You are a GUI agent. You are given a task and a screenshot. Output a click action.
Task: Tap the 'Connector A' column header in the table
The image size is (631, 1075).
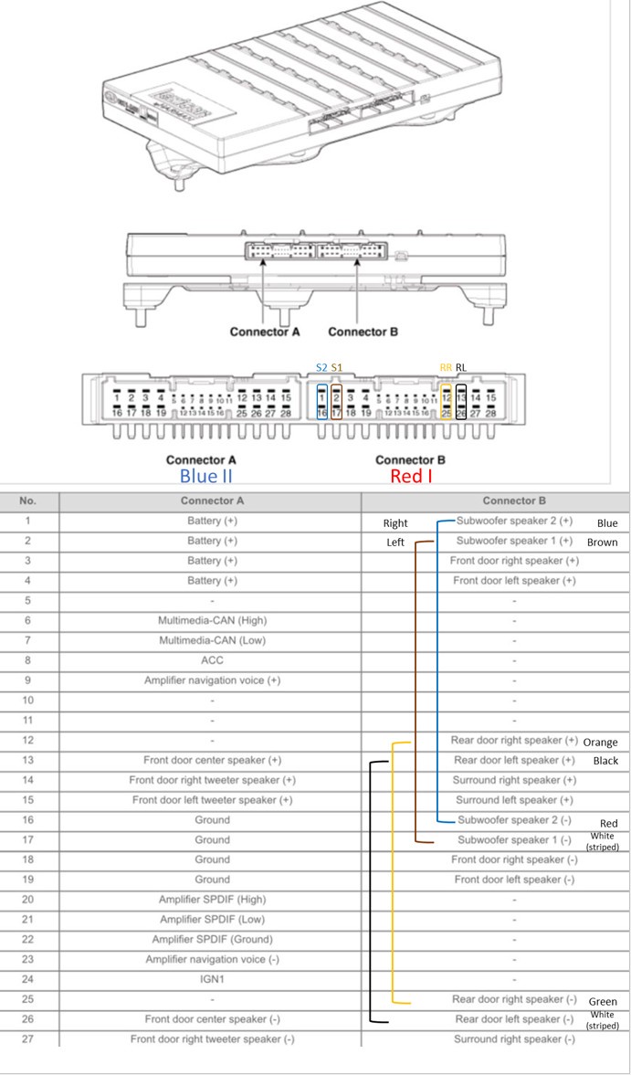pyautogui.click(x=211, y=501)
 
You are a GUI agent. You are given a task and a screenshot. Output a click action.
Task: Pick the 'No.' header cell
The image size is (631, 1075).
pyautogui.click(x=28, y=501)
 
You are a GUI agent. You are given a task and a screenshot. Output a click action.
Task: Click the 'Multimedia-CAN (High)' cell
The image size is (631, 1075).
pyautogui.click(x=211, y=620)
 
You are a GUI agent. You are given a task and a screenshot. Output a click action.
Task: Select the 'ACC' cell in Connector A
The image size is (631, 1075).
pyautogui.click(x=211, y=660)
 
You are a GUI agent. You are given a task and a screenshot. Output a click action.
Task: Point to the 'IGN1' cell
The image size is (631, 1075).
pyautogui.click(x=211, y=979)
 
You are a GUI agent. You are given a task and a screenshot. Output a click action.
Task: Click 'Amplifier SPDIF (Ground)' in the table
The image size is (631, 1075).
pyautogui.click(x=211, y=939)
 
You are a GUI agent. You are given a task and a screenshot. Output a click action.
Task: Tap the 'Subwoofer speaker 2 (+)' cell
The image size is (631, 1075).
pyautogui.click(x=514, y=522)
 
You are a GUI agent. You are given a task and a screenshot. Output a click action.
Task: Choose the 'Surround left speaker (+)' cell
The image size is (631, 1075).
pyautogui.click(x=514, y=800)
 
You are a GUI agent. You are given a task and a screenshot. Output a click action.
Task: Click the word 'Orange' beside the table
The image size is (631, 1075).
pyautogui.click(x=600, y=742)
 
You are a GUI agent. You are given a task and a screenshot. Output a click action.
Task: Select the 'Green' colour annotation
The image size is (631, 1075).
pyautogui.click(x=603, y=1001)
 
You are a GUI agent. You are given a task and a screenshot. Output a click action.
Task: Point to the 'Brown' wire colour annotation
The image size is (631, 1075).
pyautogui.click(x=602, y=543)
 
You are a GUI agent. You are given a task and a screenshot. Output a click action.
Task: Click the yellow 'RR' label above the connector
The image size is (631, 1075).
pyautogui.click(x=446, y=367)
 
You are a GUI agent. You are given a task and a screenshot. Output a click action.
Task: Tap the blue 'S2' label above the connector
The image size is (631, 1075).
pyautogui.click(x=321, y=367)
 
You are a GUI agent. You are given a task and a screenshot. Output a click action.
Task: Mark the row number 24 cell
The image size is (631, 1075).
pyautogui.click(x=28, y=979)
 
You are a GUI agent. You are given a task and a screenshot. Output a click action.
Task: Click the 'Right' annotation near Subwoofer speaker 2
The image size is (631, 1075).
pyautogui.click(x=395, y=523)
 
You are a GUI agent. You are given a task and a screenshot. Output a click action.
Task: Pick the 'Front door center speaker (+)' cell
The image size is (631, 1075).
pyautogui.click(x=211, y=760)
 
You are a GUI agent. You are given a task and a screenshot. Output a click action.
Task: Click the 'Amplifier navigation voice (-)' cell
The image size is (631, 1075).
pyautogui.click(x=211, y=959)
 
